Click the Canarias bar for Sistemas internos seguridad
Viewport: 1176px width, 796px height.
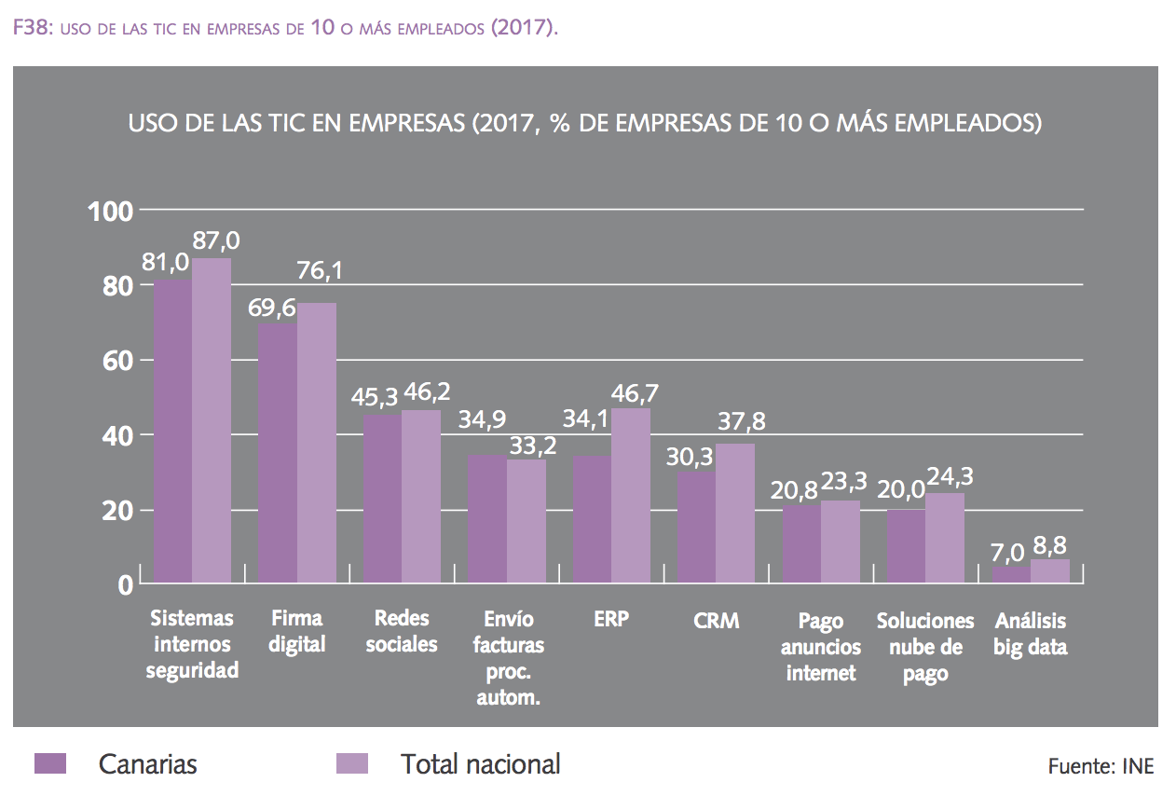coord(172,431)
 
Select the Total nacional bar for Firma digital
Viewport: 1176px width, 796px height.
coord(317,444)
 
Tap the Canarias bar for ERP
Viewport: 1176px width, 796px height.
coord(592,520)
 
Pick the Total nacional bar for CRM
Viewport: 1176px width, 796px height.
coord(735,514)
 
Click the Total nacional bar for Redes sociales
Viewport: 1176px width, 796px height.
coord(421,497)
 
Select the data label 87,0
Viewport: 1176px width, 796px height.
coord(215,240)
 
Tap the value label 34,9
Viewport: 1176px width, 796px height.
coord(482,420)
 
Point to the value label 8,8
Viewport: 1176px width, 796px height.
coord(1051,542)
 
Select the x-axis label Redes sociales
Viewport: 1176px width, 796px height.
coord(402,631)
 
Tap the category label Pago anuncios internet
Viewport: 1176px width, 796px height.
coord(821,647)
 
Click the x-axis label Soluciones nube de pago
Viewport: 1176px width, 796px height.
coord(925,647)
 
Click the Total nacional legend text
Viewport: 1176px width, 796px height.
coord(480,764)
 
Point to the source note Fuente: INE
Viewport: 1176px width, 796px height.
coord(1101,766)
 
